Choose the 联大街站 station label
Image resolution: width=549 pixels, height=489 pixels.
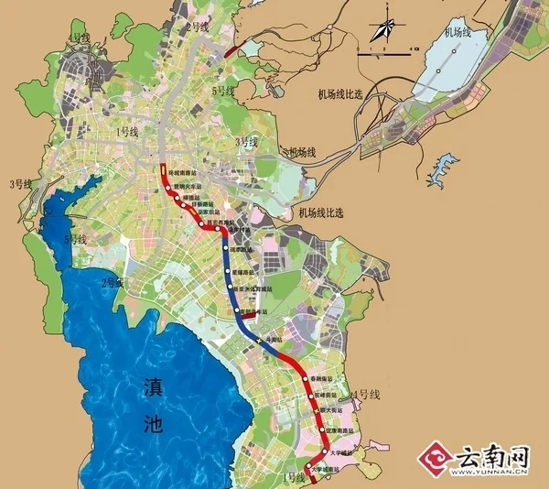tap(335, 412)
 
